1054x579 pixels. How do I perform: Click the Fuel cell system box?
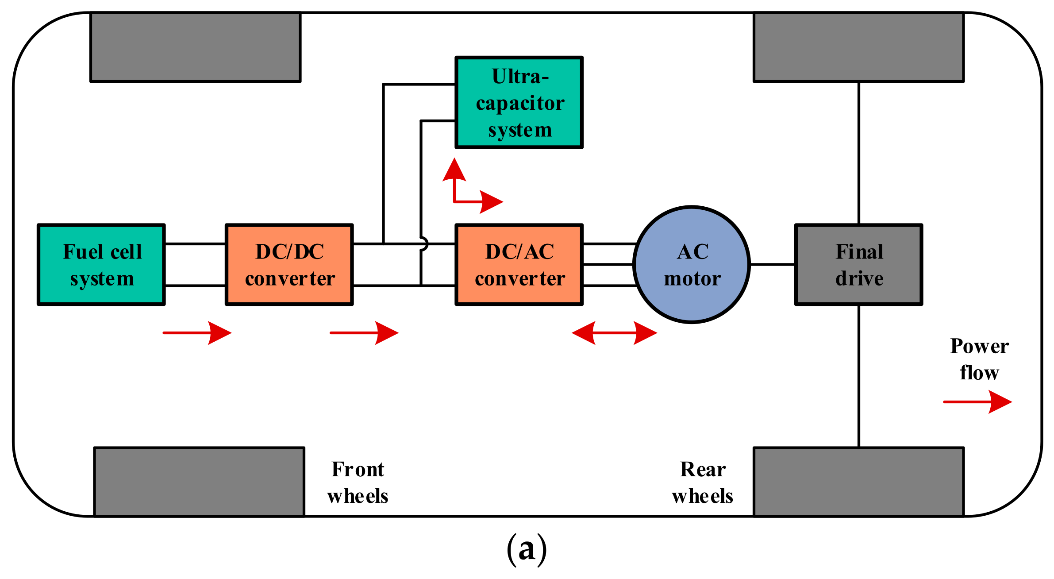(101, 265)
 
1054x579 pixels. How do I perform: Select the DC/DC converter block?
(289, 265)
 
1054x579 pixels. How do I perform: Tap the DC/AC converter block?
(519, 265)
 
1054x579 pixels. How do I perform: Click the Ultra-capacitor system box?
(519, 102)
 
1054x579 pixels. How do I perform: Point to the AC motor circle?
(692, 265)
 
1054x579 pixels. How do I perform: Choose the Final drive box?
(859, 265)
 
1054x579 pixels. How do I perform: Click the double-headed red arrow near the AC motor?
(614, 333)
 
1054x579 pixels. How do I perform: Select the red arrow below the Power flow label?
(977, 402)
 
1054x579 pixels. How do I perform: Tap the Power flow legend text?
(979, 359)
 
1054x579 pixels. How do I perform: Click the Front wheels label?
(358, 482)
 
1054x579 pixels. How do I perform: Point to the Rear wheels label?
(702, 482)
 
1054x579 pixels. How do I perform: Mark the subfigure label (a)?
(527, 549)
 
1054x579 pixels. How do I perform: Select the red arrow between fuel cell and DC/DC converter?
(197, 333)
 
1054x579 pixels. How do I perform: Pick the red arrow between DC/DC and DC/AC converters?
(364, 333)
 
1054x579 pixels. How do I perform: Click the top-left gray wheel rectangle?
(196, 47)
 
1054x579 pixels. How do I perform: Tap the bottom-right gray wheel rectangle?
(859, 482)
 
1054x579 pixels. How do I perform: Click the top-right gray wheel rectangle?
(859, 47)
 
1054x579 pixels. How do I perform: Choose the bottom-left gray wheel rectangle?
(199, 482)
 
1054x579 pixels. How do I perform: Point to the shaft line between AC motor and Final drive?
(773, 265)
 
